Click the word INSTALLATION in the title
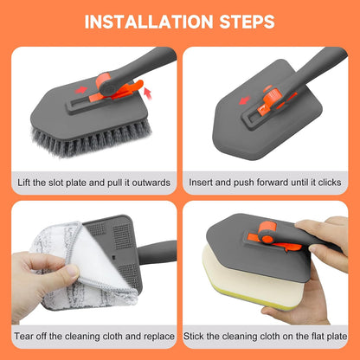(x=149, y=22)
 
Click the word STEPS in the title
(x=247, y=22)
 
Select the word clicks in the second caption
(x=330, y=183)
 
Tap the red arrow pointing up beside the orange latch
(x=147, y=93)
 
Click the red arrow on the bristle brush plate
(x=81, y=90)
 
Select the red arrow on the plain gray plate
(x=245, y=100)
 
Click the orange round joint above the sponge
(x=266, y=231)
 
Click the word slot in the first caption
(x=55, y=183)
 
